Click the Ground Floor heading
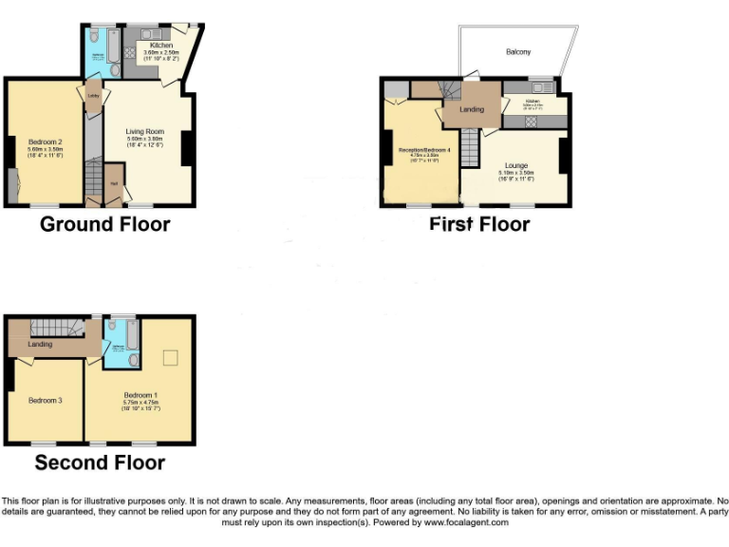tap(104, 225)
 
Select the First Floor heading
tap(479, 225)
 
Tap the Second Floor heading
tap(100, 463)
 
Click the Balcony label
tap(518, 51)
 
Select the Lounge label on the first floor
tap(516, 164)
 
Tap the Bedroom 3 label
tap(45, 401)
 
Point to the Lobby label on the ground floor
tap(93, 96)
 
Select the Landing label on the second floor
tap(40, 344)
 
